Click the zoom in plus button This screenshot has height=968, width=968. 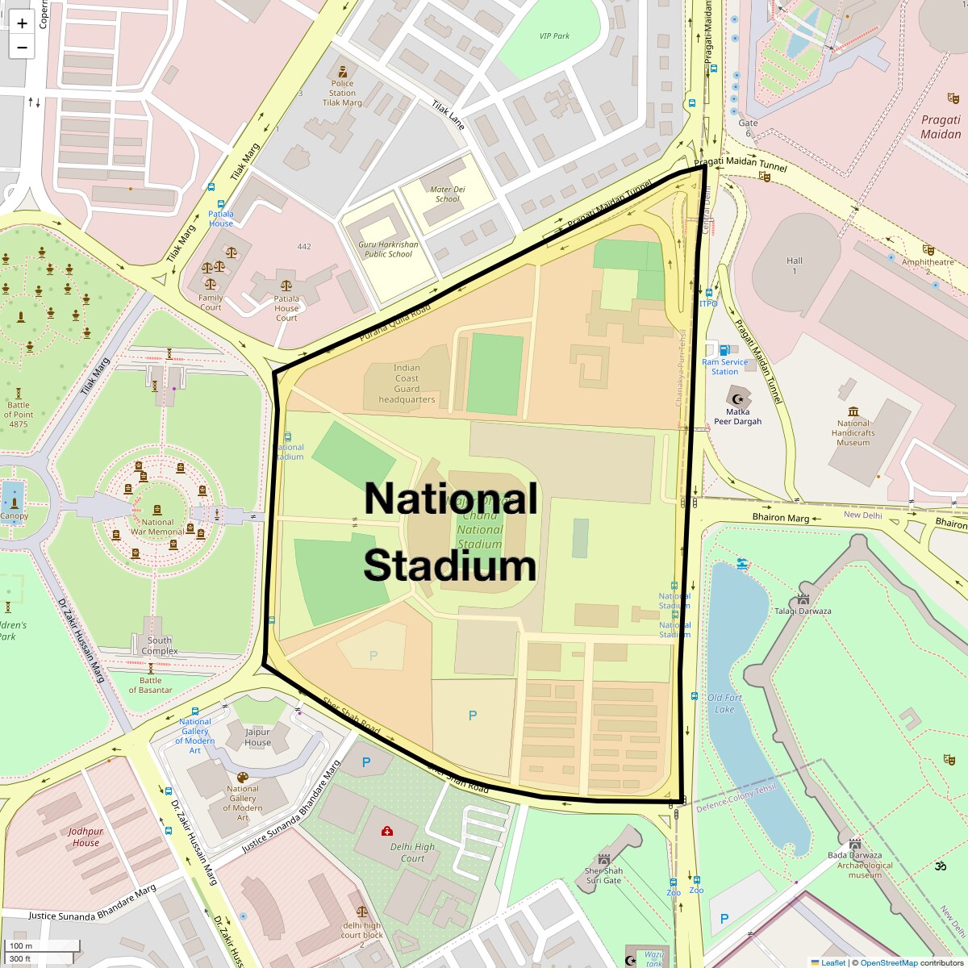[22, 23]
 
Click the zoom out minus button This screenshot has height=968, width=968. [22, 48]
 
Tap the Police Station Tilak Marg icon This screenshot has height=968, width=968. [343, 70]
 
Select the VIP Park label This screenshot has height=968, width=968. [554, 36]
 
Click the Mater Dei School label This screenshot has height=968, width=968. [447, 194]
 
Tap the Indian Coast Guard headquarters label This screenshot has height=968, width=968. [407, 383]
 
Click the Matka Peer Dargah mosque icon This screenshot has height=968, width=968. [737, 396]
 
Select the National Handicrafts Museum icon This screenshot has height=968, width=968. [853, 411]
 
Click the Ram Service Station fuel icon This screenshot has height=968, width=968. [724, 350]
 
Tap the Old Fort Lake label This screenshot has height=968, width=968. [724, 703]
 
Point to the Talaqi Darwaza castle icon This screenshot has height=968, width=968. [803, 599]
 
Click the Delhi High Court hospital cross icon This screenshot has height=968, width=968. [387, 831]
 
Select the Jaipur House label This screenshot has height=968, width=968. [257, 737]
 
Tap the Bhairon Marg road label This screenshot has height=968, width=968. [780, 518]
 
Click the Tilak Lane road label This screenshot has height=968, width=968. [449, 115]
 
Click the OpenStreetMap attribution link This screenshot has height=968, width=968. [888, 962]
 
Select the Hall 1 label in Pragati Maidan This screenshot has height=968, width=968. [795, 265]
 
